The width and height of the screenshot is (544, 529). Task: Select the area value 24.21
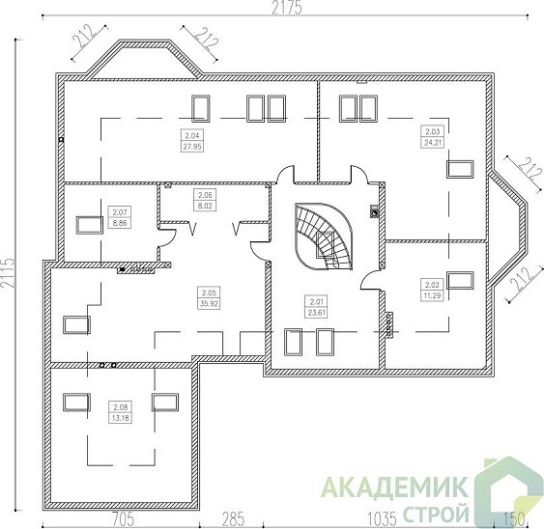(431, 142)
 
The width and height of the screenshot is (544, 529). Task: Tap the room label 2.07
(120, 213)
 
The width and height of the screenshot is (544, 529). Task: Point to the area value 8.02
(204, 205)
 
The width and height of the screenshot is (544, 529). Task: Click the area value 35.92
(207, 302)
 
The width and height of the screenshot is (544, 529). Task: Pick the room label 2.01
(314, 300)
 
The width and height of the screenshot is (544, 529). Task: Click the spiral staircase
(324, 237)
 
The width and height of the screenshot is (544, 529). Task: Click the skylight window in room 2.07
(89, 224)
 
